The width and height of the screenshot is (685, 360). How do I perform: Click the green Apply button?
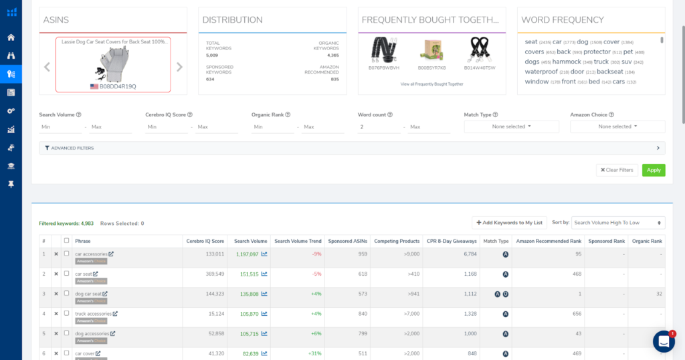point(653,170)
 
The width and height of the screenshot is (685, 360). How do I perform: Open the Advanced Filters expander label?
point(72,148)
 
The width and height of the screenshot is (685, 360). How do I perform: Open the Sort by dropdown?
point(618,223)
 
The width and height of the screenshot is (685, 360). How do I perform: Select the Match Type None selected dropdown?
point(511,126)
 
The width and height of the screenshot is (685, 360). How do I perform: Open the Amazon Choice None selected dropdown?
point(617,126)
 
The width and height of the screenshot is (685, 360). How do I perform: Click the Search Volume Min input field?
point(60,127)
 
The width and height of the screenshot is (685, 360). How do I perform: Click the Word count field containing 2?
point(379,127)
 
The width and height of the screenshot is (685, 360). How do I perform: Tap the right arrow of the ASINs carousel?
point(179,67)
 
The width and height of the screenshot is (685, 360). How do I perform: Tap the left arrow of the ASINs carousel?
point(47,67)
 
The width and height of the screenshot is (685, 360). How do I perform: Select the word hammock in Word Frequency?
point(567,62)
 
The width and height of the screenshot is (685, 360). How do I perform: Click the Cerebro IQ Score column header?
point(205,241)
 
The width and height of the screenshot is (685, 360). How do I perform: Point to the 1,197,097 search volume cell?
point(247,254)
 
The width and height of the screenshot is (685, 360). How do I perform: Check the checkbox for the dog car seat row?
point(66,294)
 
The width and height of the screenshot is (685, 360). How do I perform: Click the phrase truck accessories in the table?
point(93,313)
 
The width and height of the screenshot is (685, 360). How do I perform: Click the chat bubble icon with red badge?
point(664,341)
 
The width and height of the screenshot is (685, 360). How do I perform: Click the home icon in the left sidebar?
point(11,37)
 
